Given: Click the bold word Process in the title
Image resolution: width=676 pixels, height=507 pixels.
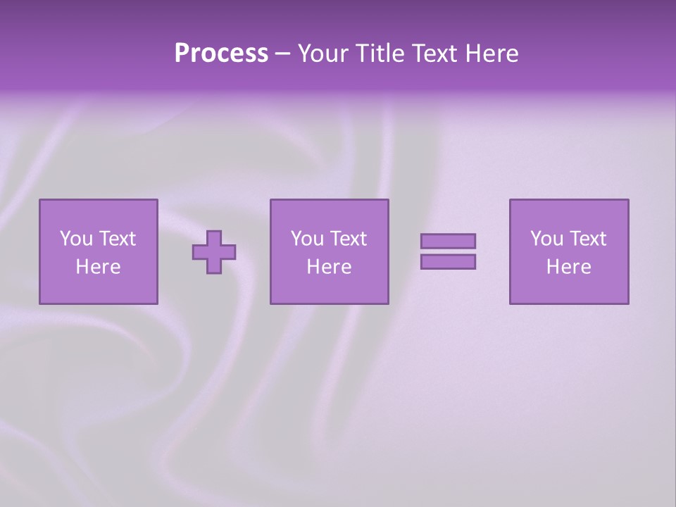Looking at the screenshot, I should pos(221,54).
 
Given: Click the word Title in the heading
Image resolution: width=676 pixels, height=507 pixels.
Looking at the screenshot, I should pos(379,54).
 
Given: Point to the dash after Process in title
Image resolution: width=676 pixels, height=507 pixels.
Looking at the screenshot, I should pos(282,54).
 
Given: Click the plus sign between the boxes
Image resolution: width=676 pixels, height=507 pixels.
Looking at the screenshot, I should pos(214,251).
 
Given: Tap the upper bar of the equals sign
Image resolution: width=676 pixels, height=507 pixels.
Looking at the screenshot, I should pos(448,241).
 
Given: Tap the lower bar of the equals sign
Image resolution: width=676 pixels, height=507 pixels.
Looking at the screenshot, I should pos(448,261).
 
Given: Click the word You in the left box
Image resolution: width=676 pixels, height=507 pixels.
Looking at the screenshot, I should pos(76,239).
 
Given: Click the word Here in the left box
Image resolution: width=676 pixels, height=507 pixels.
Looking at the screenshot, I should pos(98,267).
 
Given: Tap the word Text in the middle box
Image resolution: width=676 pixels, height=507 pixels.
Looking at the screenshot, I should pos(349,239).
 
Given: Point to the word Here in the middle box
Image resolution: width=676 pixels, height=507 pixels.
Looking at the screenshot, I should pos(329,267).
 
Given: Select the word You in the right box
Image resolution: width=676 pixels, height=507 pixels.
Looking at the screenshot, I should pos(546,239).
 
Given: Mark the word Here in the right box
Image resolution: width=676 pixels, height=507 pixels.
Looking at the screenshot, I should pos(568,267).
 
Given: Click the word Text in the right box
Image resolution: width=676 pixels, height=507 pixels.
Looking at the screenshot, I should pos(588,239).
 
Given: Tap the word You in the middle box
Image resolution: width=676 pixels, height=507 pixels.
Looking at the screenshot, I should pos(307,239).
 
